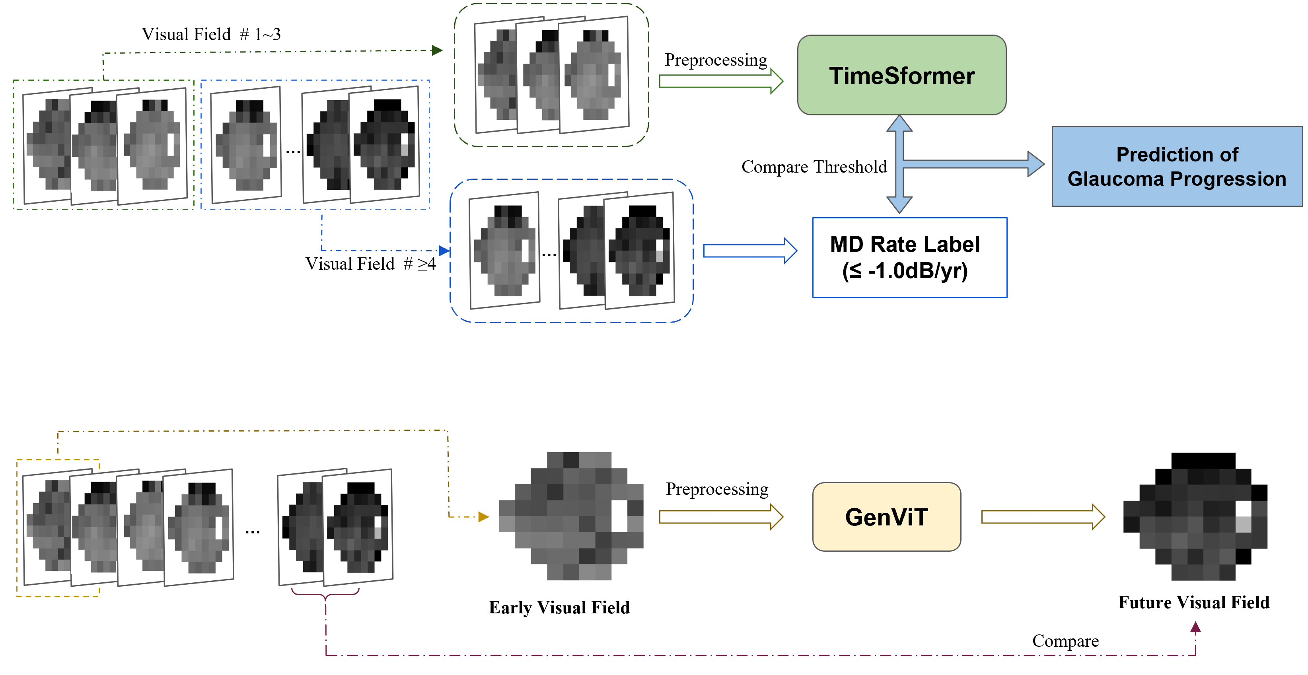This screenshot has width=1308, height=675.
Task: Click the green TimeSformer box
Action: (x=901, y=75)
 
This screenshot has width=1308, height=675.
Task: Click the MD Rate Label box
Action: (x=909, y=257)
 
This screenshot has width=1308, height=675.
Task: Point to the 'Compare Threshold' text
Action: (x=814, y=167)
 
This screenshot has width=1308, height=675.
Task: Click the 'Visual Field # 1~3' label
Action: (x=211, y=35)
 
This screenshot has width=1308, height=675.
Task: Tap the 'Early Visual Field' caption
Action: (x=559, y=607)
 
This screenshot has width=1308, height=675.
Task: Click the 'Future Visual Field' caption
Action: (x=1193, y=603)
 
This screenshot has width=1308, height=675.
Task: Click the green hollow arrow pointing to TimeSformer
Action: (x=720, y=81)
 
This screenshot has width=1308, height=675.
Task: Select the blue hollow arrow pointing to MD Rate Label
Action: (x=749, y=251)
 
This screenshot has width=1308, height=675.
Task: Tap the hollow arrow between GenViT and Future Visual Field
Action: (x=1042, y=517)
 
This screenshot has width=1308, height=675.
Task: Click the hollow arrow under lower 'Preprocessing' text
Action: (x=720, y=517)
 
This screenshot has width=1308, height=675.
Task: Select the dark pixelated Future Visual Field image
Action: (x=1195, y=516)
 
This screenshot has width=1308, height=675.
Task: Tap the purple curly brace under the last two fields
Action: (x=325, y=594)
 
